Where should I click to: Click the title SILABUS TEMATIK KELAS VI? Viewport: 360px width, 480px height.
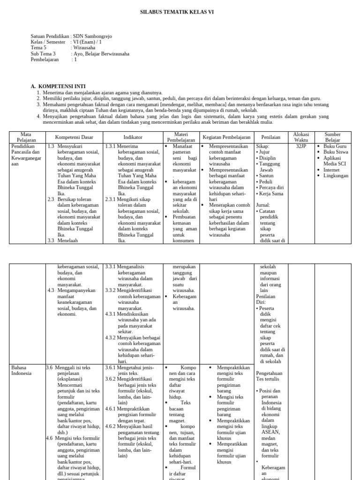pos(180,12)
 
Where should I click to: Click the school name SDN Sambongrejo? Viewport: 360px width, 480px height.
pos(93,36)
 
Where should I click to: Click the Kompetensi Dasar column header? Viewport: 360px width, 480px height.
pos(75,137)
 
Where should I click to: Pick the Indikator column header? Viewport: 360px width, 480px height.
pos(133,137)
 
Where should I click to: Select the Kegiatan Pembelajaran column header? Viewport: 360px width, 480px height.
pos(227,137)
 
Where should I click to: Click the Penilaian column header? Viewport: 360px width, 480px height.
pos(271,137)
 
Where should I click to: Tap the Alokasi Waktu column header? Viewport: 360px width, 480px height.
pos(301,137)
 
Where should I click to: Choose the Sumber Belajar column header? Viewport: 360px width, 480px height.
pos(333,137)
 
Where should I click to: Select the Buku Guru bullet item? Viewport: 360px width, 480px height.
pos(335,146)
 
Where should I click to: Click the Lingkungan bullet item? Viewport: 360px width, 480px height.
pos(336,176)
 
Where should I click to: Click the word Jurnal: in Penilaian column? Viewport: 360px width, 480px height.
pos(263,205)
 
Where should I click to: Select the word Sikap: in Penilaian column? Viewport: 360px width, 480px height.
pos(262,146)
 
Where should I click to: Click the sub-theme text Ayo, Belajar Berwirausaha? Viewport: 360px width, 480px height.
pos(102,54)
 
